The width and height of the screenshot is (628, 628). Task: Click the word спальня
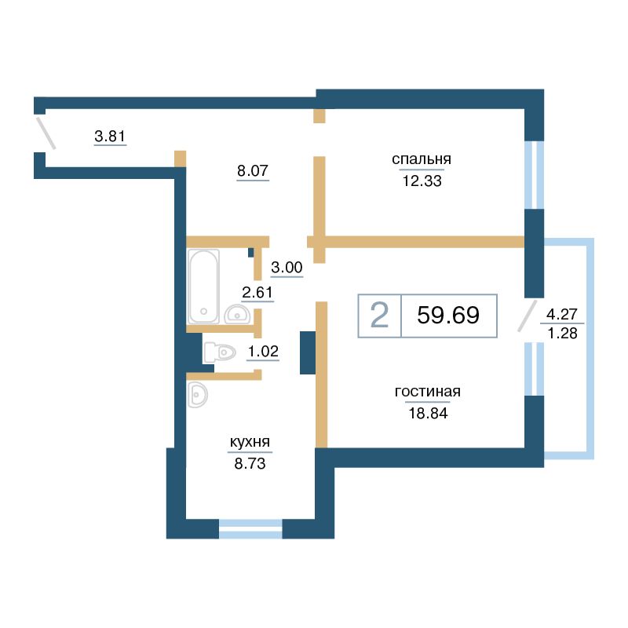click(422, 159)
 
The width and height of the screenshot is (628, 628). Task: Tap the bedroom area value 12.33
click(422, 181)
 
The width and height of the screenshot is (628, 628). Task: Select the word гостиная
click(427, 391)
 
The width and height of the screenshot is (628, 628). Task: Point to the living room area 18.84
click(428, 413)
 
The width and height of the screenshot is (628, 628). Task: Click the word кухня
click(250, 442)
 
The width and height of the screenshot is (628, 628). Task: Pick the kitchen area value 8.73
click(250, 463)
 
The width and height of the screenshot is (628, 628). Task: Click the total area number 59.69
click(448, 315)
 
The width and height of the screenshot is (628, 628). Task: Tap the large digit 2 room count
click(379, 315)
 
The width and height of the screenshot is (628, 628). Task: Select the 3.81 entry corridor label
click(110, 136)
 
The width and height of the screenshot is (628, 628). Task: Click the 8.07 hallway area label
click(252, 170)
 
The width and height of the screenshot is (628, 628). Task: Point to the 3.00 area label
click(287, 267)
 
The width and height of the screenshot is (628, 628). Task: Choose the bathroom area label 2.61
click(257, 292)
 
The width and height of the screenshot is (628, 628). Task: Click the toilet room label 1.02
click(263, 351)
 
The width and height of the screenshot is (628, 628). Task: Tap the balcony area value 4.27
click(562, 315)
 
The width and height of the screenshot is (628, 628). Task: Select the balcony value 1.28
click(562, 333)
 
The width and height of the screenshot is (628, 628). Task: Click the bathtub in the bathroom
click(203, 286)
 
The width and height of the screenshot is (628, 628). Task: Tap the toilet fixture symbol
click(219, 352)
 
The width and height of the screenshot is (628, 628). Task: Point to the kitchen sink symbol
click(197, 395)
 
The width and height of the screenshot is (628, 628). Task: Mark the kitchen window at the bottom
click(250, 528)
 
